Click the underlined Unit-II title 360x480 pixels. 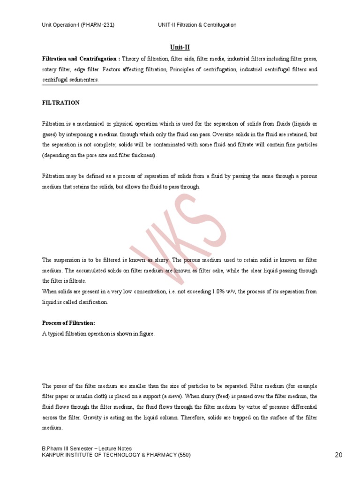[x=180, y=47]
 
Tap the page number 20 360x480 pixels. [x=339, y=455]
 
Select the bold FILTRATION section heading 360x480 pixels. [x=61, y=103]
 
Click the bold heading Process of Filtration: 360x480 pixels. [x=68, y=323]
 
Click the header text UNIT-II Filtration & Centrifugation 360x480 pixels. [x=197, y=24]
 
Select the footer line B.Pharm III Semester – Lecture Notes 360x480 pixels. [x=87, y=449]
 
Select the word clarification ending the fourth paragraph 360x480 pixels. [x=92, y=302]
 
